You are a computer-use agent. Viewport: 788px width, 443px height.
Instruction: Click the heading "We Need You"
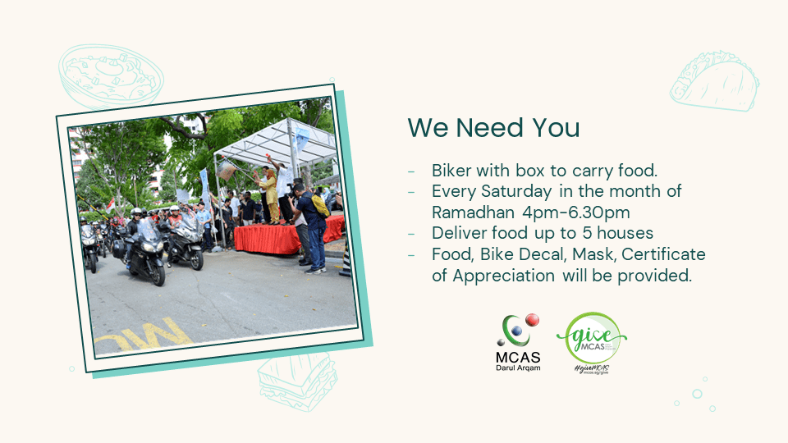click(x=493, y=128)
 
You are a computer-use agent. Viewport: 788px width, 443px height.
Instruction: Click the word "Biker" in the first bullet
click(x=451, y=171)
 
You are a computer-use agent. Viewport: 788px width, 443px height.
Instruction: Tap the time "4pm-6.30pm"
click(x=576, y=212)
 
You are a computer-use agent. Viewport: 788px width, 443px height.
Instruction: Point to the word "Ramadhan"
click(x=473, y=212)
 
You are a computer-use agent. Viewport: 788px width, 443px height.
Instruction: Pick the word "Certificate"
click(x=663, y=254)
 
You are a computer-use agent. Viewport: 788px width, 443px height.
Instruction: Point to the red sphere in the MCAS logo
click(x=532, y=320)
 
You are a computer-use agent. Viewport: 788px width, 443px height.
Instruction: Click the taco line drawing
click(x=714, y=80)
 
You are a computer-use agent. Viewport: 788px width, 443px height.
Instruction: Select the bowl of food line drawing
click(x=111, y=75)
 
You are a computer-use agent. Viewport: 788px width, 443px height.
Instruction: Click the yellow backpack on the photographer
click(x=320, y=205)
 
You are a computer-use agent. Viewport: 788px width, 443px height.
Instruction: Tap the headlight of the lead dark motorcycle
click(x=149, y=247)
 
